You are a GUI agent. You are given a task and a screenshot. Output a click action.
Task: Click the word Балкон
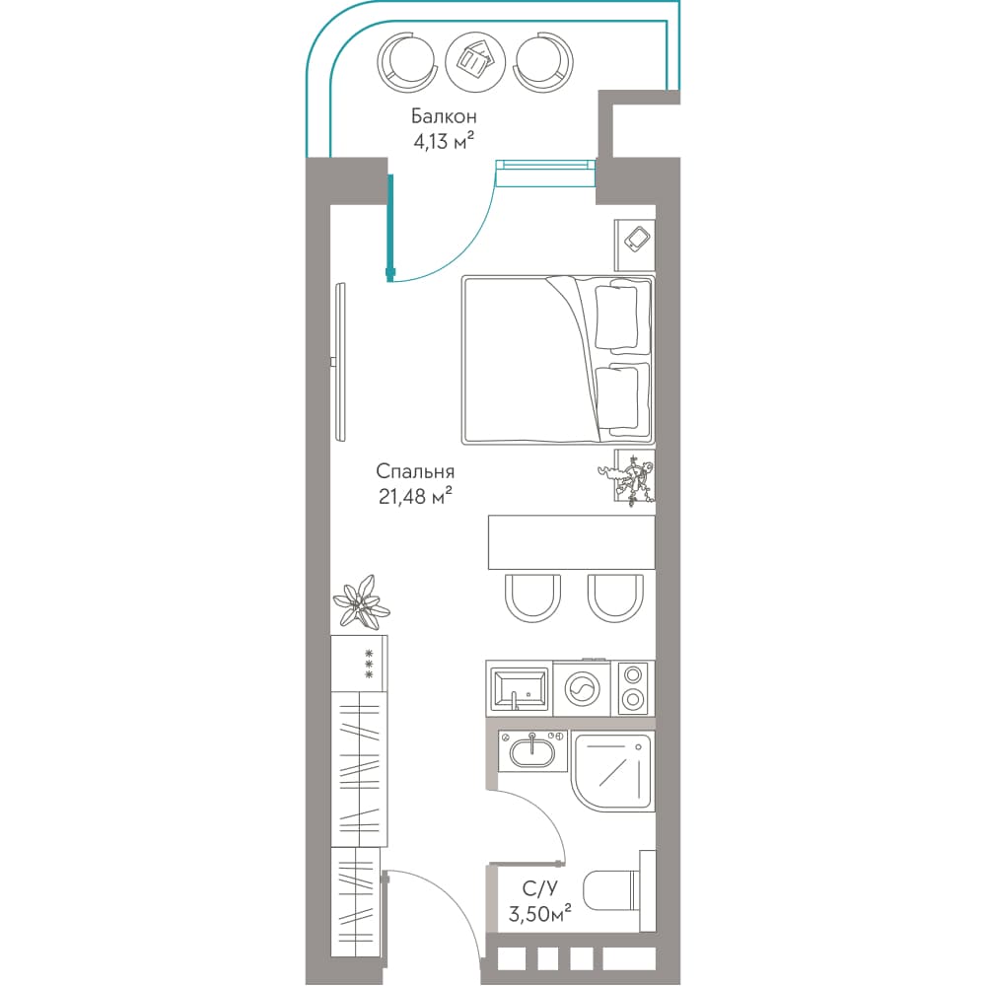pyautogui.click(x=444, y=116)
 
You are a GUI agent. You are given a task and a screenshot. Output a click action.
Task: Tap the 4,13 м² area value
pyautogui.click(x=444, y=141)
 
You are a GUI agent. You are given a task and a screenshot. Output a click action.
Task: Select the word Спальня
pyautogui.click(x=415, y=471)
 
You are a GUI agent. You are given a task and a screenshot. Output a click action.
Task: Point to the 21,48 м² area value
pyautogui.click(x=416, y=497)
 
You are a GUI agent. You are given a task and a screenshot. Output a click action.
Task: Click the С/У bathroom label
pyautogui.click(x=539, y=888)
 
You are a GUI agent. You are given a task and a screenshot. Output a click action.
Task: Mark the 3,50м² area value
pyautogui.click(x=539, y=914)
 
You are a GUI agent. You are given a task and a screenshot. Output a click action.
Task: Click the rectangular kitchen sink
pyautogui.click(x=520, y=689)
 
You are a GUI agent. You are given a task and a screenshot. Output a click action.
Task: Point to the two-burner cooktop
pyautogui.click(x=634, y=688)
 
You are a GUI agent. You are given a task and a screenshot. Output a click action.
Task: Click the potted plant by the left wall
pyautogui.click(x=361, y=601)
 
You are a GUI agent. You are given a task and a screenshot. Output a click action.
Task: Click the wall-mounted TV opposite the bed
pyautogui.click(x=339, y=362)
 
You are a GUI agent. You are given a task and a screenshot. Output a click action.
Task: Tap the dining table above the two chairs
pyautogui.click(x=572, y=542)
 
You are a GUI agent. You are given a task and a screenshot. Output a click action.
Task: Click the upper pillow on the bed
pyautogui.click(x=615, y=317)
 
